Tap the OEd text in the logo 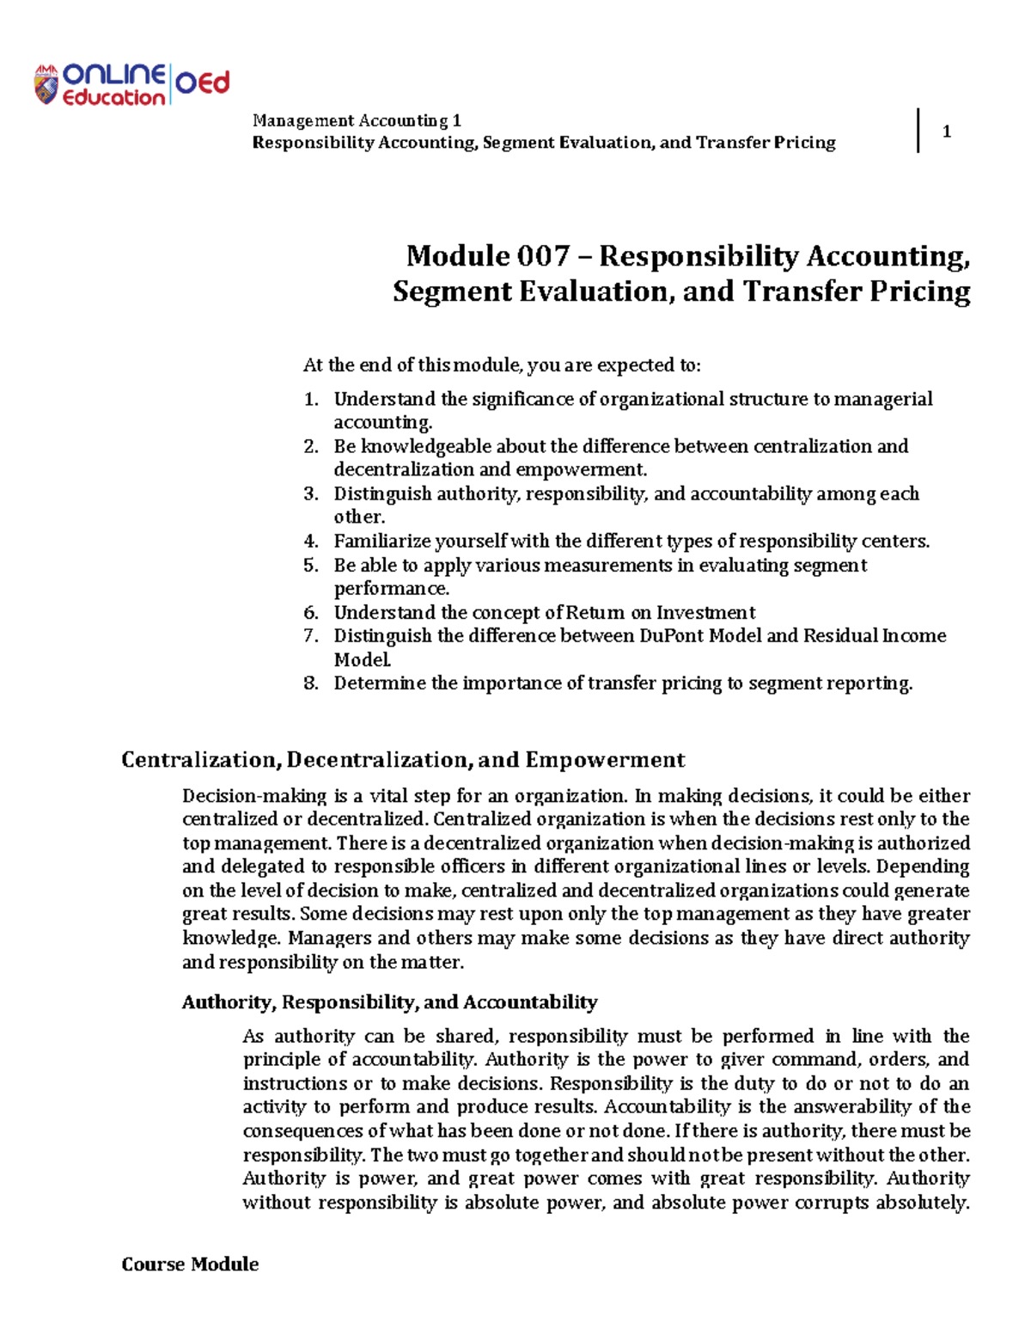coord(203,83)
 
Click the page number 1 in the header coord(946,132)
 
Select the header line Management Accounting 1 coord(357,120)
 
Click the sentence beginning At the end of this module coord(502,365)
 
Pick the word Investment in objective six coord(705,613)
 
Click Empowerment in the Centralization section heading coord(605,760)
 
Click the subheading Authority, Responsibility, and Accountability coord(389,1002)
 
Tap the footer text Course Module coord(190,1264)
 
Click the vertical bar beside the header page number coord(918,131)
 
